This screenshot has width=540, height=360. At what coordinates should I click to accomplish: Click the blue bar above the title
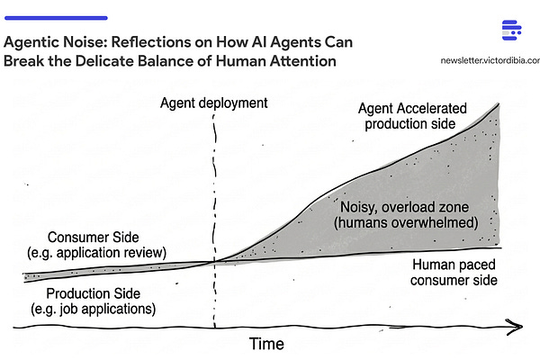tap(56, 17)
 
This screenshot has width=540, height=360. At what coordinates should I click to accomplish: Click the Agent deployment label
tap(213, 103)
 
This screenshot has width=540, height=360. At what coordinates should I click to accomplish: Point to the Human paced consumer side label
tap(454, 272)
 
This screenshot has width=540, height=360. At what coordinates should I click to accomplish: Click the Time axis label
tap(265, 343)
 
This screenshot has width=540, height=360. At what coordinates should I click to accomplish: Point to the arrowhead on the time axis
tap(515, 325)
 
